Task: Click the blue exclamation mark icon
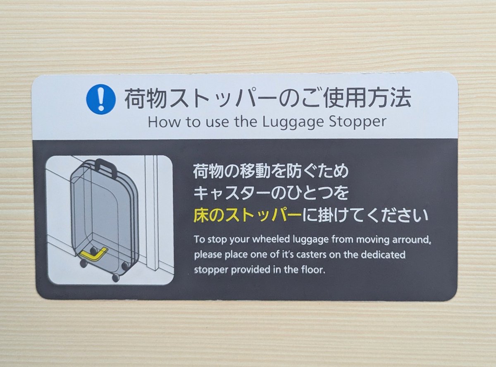tap(101, 99)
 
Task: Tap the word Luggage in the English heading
tap(293, 123)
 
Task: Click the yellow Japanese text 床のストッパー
tap(247, 216)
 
